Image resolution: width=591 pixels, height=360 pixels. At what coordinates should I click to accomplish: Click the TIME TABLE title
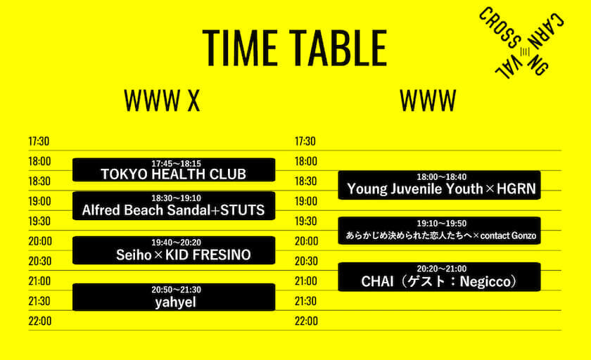coord(295,48)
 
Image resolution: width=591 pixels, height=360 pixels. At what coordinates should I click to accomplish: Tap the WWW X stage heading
coord(162,101)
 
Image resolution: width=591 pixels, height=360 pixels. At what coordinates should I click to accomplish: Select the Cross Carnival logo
coord(521,43)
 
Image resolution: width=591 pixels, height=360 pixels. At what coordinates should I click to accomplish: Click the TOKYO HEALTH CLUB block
coord(174,170)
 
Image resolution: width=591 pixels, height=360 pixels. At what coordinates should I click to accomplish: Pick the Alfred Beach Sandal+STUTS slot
coord(174,205)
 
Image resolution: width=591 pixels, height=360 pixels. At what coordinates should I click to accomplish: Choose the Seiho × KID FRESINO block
coord(174,250)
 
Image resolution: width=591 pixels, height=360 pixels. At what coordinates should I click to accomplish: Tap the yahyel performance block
coord(174,297)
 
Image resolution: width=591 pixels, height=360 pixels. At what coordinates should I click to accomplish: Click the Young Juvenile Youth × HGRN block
coord(440,185)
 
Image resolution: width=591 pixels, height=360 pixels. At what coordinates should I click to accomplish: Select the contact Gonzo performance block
coord(440,231)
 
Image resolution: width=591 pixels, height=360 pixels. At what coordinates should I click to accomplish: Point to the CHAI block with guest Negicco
coord(440,277)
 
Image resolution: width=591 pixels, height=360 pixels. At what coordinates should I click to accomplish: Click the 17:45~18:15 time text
coord(176,164)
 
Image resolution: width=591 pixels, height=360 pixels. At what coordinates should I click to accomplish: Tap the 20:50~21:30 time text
coord(176,290)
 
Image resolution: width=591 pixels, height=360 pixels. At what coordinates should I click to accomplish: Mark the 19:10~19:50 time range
coord(441,224)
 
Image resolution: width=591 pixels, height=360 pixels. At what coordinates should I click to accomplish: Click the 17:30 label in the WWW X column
coord(39,141)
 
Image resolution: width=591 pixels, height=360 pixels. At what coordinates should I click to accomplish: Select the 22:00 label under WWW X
coord(40,321)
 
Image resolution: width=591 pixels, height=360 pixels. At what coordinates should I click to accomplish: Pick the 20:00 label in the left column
coord(40,241)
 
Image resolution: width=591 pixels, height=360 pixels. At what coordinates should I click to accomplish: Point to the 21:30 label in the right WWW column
coord(305,301)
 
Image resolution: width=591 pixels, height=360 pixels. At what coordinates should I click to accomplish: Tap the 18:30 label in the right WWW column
coord(305,181)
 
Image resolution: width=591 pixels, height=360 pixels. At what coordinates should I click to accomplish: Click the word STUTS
coord(242,210)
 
